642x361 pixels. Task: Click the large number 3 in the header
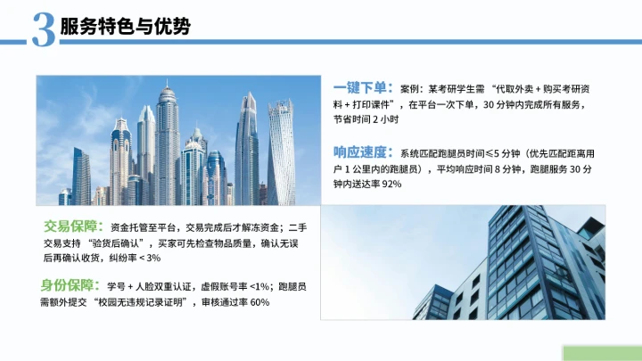pos(43,29)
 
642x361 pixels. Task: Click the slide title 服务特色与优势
pos(125,27)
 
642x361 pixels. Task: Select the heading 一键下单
pos(362,88)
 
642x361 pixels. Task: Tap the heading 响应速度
pos(362,152)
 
